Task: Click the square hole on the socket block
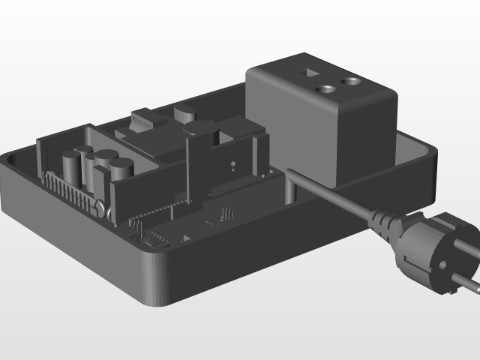point(307,73)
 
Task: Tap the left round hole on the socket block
point(327,89)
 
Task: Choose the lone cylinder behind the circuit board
point(185,115)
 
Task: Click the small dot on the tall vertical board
point(233,162)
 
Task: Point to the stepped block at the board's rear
point(146,120)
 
